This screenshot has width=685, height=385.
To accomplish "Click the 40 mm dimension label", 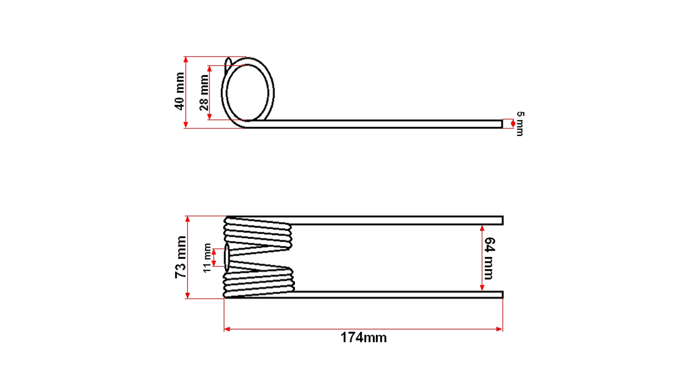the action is (180, 91).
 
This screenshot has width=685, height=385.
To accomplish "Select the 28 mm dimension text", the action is (204, 93).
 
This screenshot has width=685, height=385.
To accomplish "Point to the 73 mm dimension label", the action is (181, 257).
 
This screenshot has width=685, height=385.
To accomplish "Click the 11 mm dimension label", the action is (207, 258).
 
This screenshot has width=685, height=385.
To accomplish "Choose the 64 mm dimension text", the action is (489, 258).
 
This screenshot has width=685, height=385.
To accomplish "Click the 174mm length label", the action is (364, 337).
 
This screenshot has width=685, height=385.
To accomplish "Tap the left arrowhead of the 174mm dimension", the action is (227, 329).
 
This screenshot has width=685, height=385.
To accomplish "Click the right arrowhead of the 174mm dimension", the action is (499, 329).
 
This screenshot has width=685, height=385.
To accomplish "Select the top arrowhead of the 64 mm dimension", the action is (482, 228).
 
